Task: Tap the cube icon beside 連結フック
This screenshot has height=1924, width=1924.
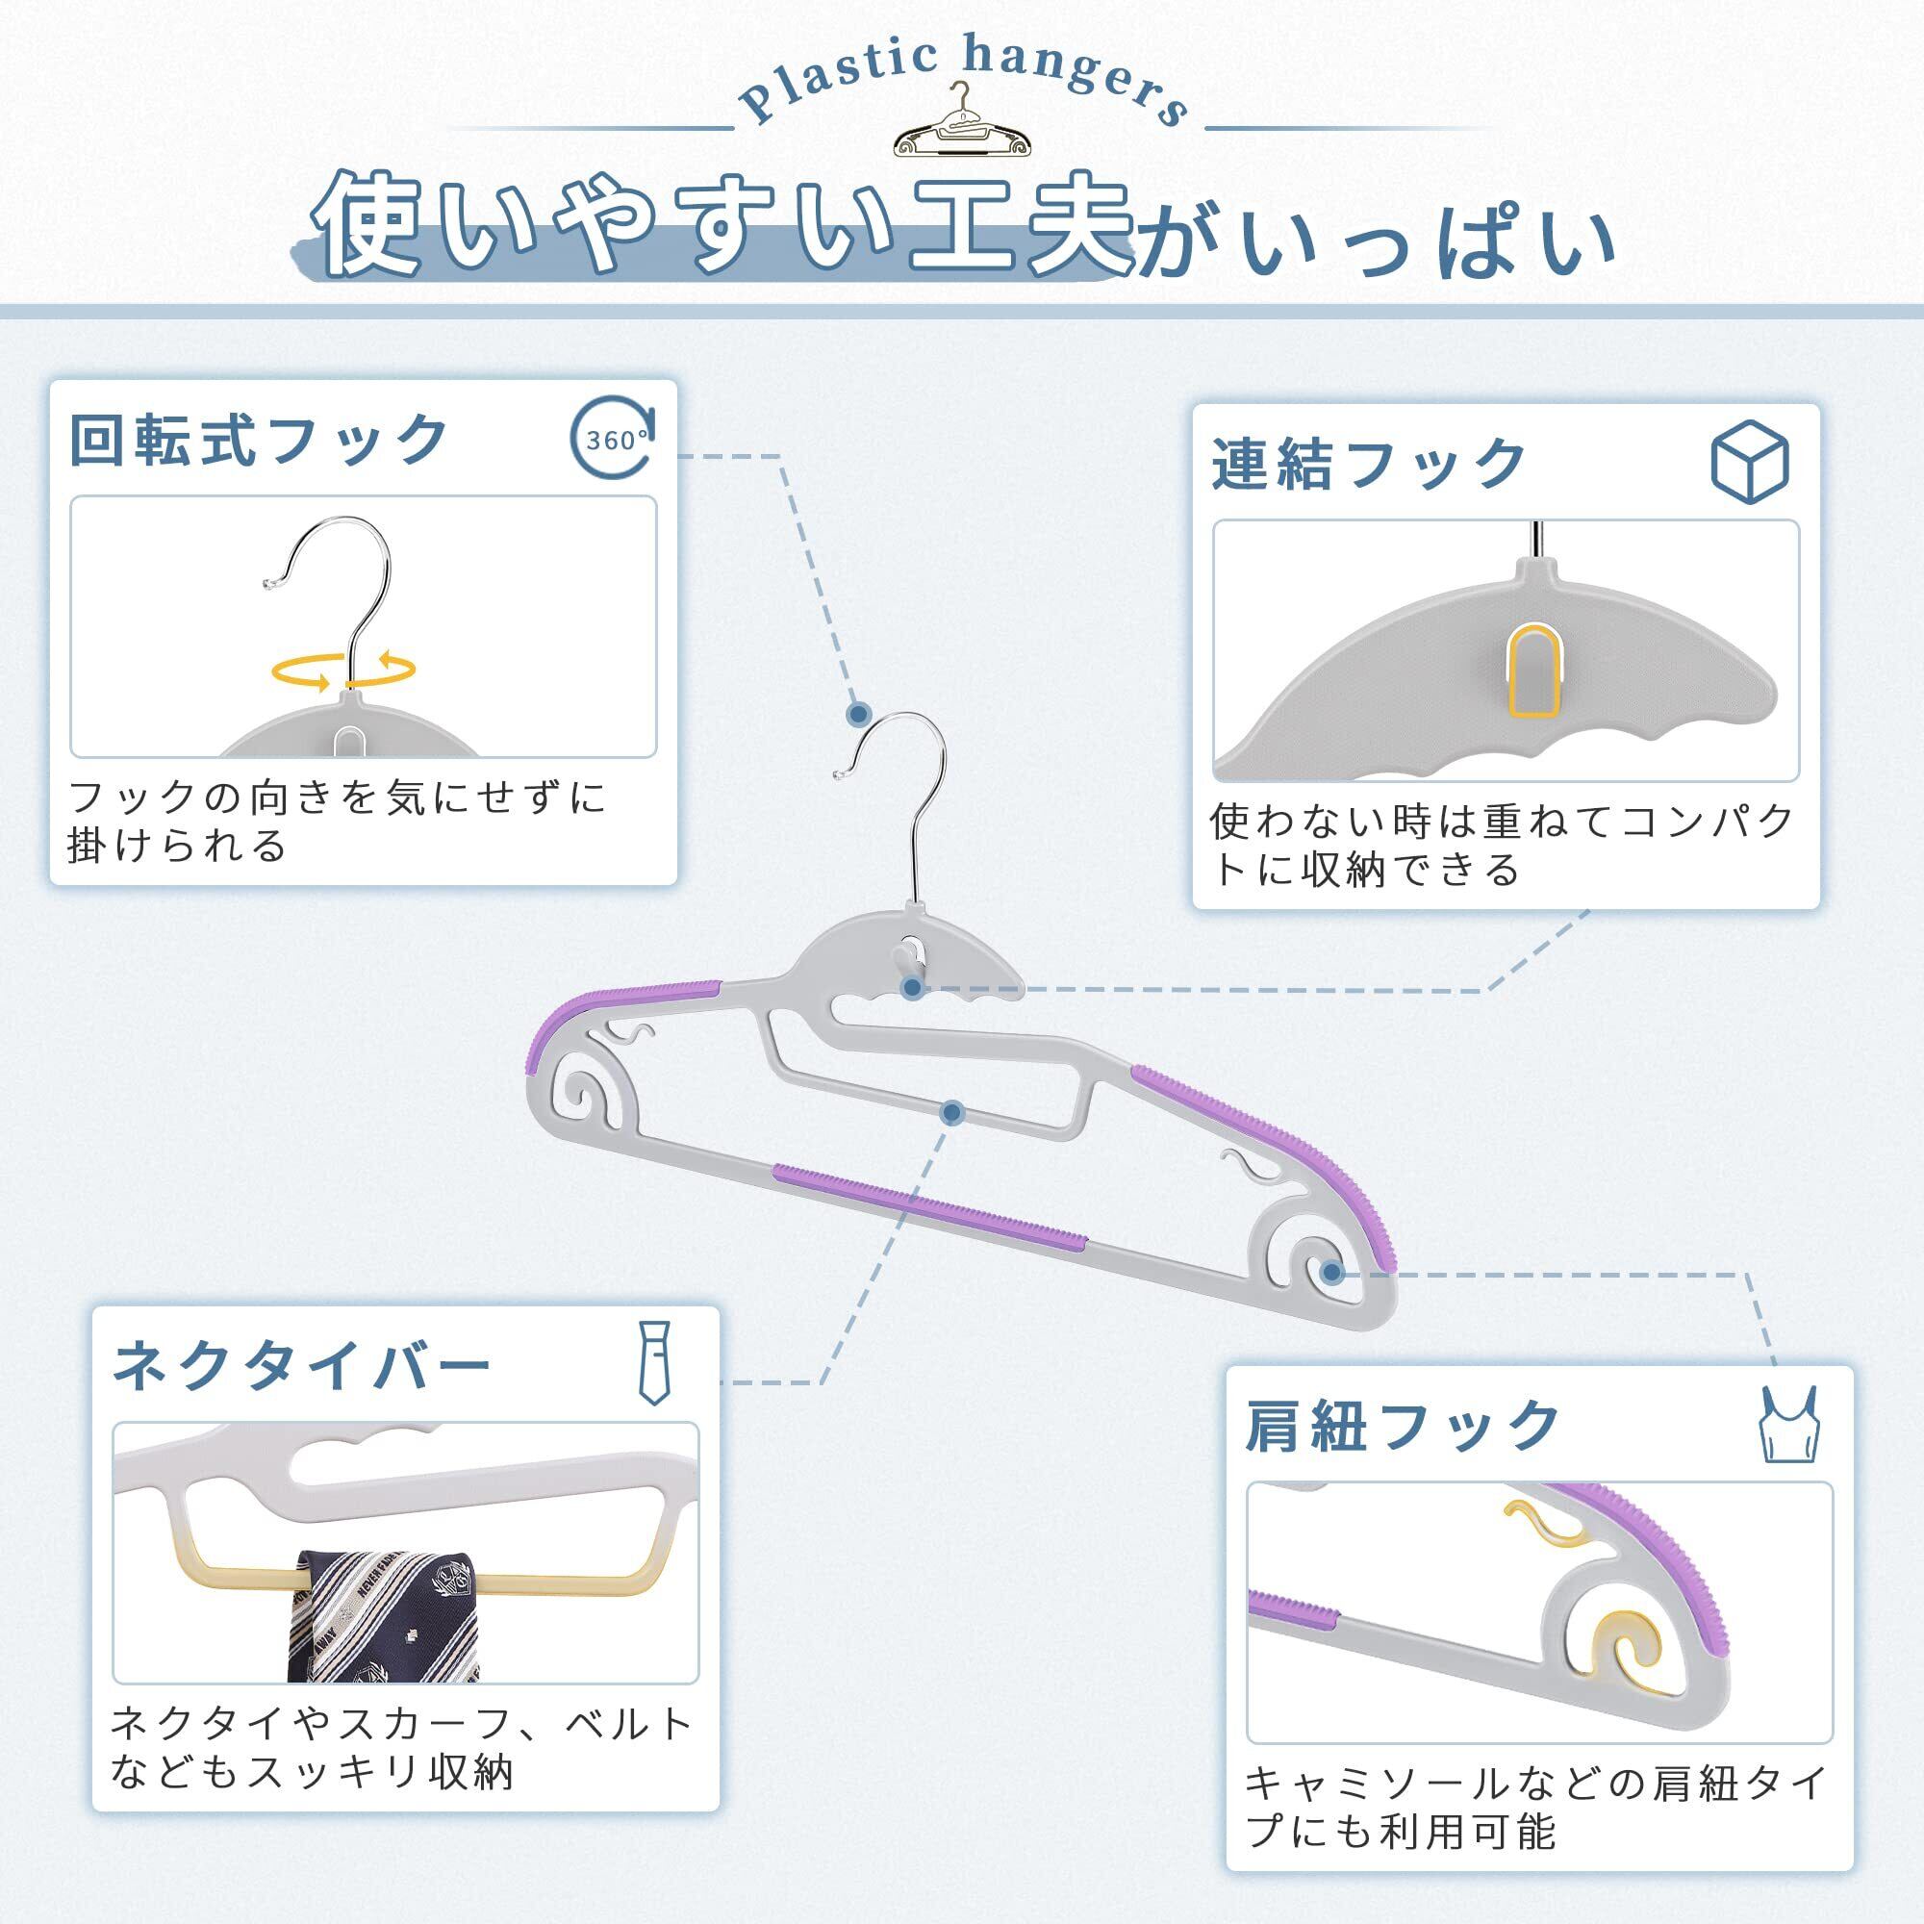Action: click(x=1750, y=461)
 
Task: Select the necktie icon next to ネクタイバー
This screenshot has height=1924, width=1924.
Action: click(x=653, y=1362)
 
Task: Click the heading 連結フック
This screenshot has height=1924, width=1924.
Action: click(x=1369, y=463)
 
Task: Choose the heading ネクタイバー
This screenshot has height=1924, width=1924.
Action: click(x=302, y=1363)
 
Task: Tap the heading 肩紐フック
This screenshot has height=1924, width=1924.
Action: click(x=1403, y=1425)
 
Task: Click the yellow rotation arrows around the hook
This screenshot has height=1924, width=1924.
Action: click(x=344, y=670)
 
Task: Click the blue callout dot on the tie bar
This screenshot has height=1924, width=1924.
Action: click(x=952, y=1112)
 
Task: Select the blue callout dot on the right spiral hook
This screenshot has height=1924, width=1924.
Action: click(x=1331, y=1272)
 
